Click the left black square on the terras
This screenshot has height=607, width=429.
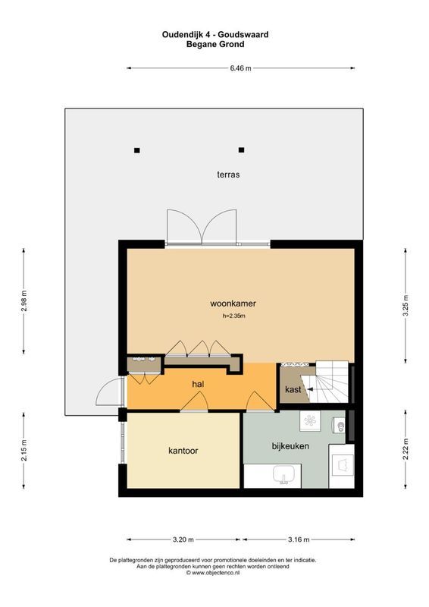click(x=137, y=149)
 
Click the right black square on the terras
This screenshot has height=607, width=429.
click(x=242, y=149)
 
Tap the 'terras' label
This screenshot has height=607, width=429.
click(x=228, y=175)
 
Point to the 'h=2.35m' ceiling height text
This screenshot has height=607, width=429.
click(x=233, y=316)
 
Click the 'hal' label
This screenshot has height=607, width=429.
click(x=199, y=385)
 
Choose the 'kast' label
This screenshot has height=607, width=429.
click(x=293, y=390)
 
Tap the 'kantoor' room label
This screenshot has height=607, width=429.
click(x=183, y=451)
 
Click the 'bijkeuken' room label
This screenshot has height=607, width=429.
click(x=290, y=446)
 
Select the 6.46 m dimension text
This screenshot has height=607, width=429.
click(x=240, y=68)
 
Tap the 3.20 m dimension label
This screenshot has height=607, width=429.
click(x=183, y=539)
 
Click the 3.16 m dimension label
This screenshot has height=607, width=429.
click(x=300, y=539)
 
